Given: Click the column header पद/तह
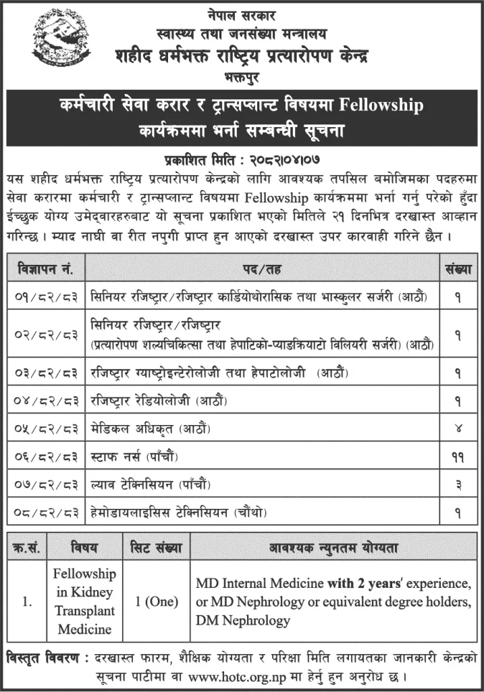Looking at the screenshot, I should click(x=261, y=269).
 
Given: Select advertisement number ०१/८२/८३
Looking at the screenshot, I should click(x=43, y=295).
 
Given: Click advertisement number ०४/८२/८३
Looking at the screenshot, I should click(x=43, y=401).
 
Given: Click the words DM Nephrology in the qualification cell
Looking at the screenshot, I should click(x=243, y=620).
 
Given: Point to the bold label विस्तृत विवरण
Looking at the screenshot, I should click(x=42, y=658).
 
